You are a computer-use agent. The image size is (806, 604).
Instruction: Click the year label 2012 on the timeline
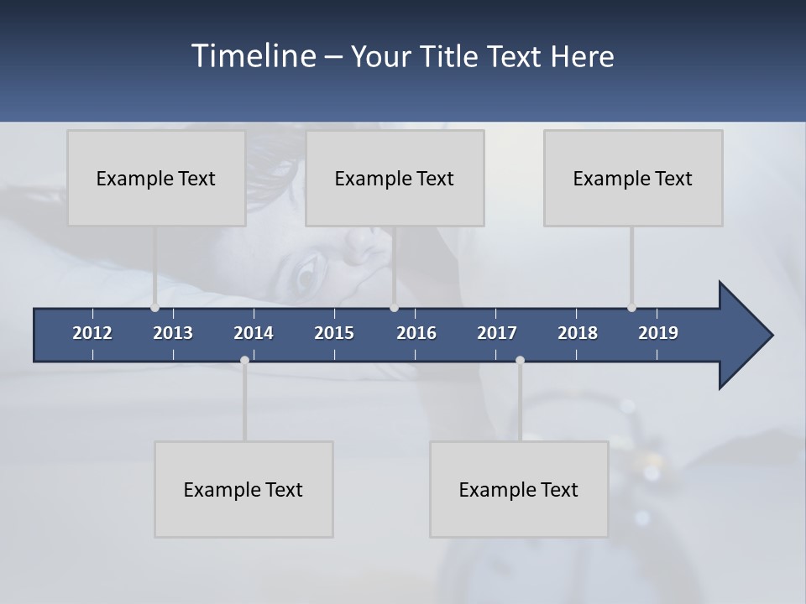coord(92,333)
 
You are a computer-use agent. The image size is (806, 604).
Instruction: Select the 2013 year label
coord(173,333)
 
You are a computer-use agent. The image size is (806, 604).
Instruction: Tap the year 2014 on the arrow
coord(254,333)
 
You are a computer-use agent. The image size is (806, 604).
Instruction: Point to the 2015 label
coord(334,333)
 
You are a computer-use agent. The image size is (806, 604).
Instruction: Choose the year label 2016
coord(416,333)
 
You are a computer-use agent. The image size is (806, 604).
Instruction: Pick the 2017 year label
coord(497,333)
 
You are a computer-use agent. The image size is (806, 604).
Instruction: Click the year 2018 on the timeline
coord(578,333)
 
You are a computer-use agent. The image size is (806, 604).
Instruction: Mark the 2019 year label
coord(658,333)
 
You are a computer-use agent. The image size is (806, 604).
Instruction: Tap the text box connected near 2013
coord(156,178)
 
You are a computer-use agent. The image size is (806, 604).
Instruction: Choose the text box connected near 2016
coord(395,178)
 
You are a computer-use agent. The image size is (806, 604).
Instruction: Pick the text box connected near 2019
coord(633,178)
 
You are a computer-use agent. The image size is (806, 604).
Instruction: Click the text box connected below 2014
coord(243,489)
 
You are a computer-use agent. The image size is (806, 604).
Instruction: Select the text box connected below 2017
coord(519,489)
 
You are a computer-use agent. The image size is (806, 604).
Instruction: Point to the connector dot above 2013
coord(154,308)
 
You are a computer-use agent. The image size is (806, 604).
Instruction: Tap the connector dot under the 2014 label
coord(244,360)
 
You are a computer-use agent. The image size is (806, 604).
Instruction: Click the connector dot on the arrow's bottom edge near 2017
coord(520,360)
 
